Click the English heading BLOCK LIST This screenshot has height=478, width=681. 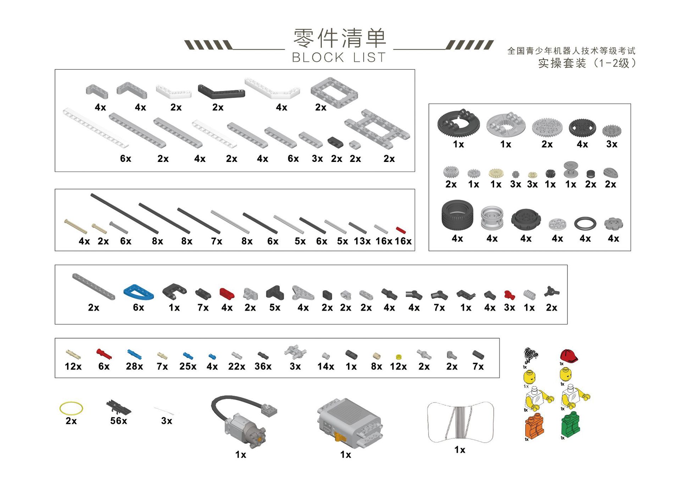[x=339, y=58]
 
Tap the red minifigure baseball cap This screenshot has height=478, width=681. [x=569, y=355]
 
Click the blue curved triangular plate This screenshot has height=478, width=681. [x=138, y=292]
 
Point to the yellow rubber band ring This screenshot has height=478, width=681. [x=71, y=408]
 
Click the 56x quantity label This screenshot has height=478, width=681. [x=118, y=421]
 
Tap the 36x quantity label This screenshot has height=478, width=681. [x=263, y=366]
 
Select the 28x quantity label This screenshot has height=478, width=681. [x=134, y=366]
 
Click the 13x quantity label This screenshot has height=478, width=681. [x=362, y=241]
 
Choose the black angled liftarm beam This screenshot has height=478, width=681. [x=221, y=91]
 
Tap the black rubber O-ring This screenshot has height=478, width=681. [x=585, y=223]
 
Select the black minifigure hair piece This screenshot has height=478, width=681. [x=531, y=355]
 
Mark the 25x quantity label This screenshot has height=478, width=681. [x=188, y=366]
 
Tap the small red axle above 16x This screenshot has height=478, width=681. [x=401, y=230]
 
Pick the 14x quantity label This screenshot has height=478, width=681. [x=326, y=366]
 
